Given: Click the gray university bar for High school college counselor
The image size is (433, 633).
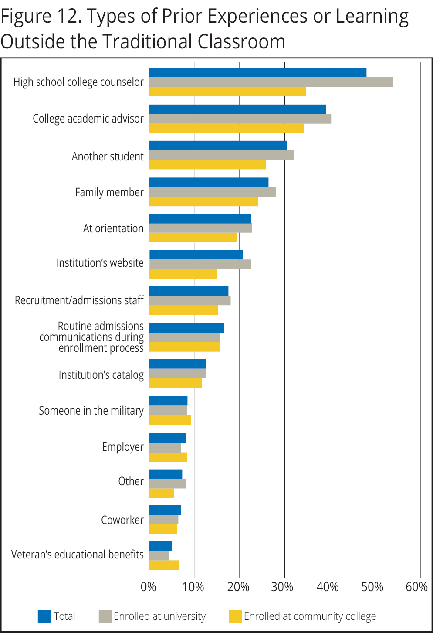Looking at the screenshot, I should point(271,82).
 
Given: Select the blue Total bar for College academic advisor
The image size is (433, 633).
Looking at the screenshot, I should point(237,109).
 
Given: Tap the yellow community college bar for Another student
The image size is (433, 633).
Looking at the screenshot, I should point(207,165).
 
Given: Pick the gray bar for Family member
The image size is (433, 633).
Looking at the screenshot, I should point(212,192).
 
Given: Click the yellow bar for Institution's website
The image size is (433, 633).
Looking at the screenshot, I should point(183,274).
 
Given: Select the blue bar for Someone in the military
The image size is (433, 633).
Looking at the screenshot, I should point(168,401).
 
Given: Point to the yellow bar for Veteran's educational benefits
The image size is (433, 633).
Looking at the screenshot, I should point(164,565).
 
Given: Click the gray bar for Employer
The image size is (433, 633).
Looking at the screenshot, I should point(165,448).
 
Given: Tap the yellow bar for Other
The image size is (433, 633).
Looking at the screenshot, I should point(161,493).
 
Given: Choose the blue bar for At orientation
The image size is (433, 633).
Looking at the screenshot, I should point(200,219).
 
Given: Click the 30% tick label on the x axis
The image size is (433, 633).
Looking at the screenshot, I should point(282,587).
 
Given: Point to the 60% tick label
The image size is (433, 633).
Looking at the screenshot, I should point(416,587).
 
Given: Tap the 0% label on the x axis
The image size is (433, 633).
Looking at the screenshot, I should point(149,587).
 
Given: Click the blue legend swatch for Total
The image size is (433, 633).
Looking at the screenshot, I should point(44,616).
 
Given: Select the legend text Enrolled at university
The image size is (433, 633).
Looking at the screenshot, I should point(159,616).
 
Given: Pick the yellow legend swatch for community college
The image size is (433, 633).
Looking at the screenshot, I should point(235,616).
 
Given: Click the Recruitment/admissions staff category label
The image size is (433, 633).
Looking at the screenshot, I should point(79,300).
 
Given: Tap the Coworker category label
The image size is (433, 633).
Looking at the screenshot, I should point(122,520).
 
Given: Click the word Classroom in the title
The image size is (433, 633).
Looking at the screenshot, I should point(241,42).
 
